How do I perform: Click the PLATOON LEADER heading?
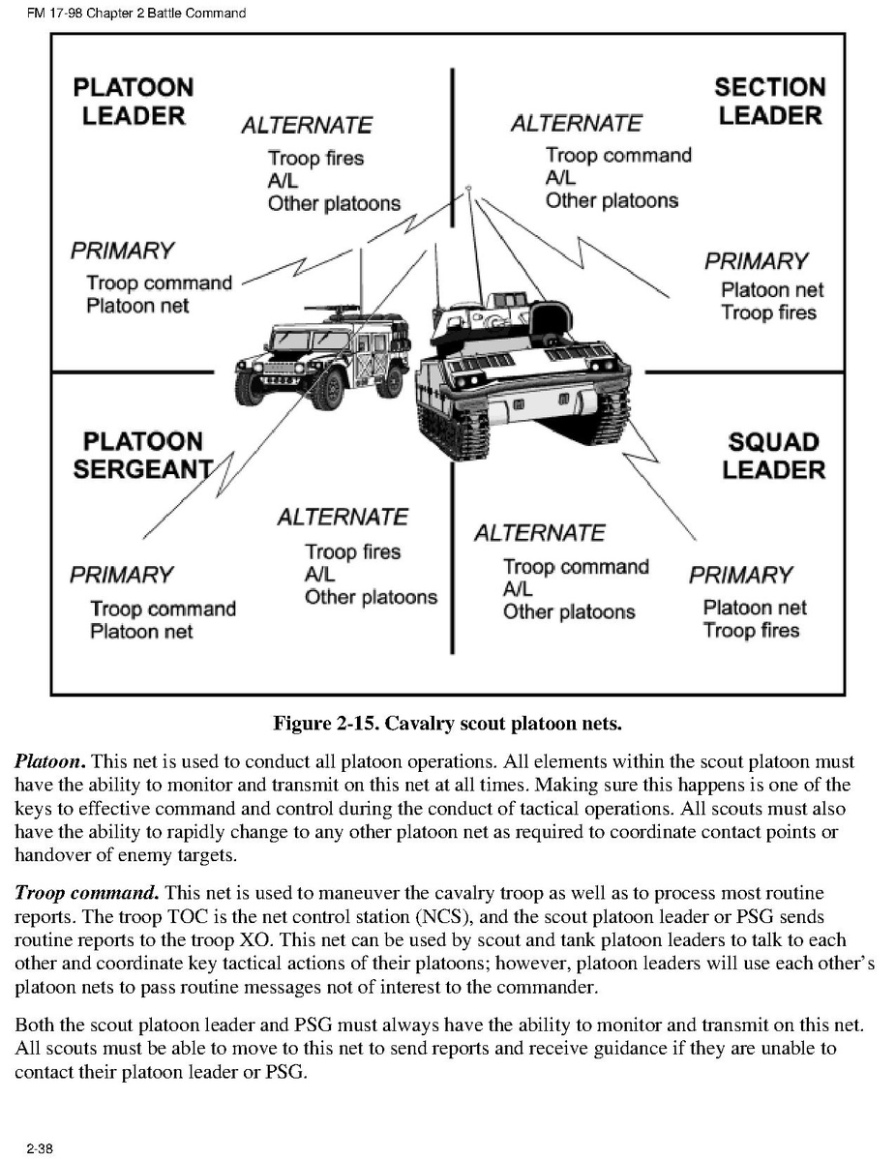pos(134,102)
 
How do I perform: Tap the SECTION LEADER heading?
pos(769,102)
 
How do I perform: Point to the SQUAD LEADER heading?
pos(773,456)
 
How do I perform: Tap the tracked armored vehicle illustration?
pos(523,372)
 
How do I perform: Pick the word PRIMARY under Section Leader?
pos(756,261)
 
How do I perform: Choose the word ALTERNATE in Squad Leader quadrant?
pos(539,533)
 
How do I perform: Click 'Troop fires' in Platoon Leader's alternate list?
pos(315,158)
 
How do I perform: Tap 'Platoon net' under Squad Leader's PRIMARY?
pos(754,608)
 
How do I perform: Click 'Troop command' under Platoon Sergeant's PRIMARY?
pos(163,609)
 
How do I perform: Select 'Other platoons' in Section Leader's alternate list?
pos(612,200)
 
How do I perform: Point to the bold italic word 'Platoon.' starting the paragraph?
pos(50,762)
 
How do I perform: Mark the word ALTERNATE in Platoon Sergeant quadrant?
pos(343,518)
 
